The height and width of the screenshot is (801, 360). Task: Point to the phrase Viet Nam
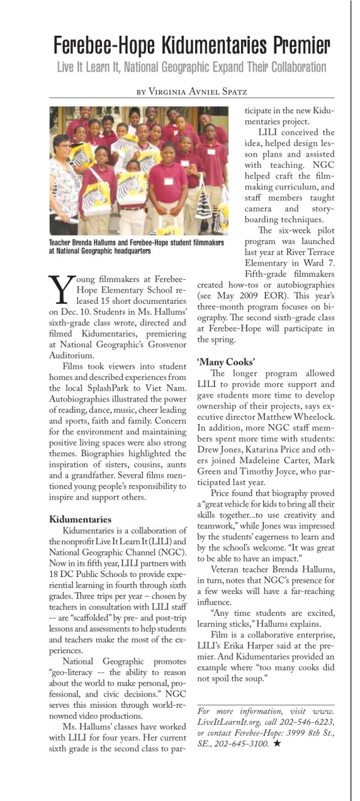pos(168,389)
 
